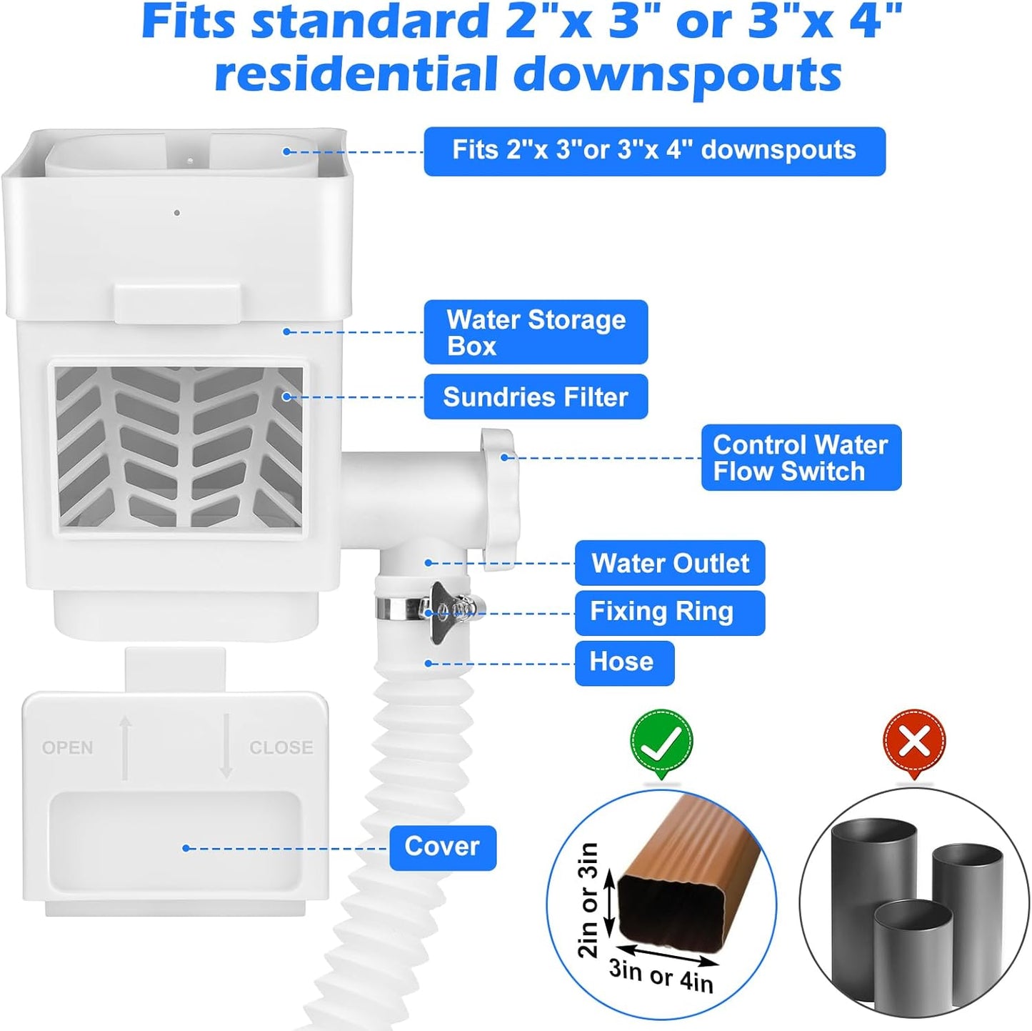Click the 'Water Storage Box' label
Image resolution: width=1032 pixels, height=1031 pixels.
click(536, 332)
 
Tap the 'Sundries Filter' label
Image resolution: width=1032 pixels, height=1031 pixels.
click(536, 397)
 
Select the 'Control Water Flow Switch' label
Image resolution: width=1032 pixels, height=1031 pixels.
click(801, 458)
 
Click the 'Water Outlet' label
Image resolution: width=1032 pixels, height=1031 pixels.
click(670, 563)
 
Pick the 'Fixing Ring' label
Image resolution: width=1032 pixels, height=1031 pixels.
click(669, 612)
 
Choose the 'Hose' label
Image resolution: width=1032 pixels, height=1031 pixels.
click(624, 662)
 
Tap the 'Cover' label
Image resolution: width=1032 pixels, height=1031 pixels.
click(442, 847)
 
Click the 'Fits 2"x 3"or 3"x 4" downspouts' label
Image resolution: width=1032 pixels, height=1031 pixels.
click(654, 151)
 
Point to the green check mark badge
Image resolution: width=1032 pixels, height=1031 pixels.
click(661, 742)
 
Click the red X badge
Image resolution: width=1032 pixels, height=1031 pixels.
click(914, 742)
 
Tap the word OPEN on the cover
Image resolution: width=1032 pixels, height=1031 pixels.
click(68, 747)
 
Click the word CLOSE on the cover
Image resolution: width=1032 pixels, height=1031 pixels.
click(281, 747)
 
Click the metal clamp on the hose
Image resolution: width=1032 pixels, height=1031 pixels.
click(429, 608)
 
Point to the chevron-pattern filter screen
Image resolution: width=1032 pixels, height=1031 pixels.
click(179, 447)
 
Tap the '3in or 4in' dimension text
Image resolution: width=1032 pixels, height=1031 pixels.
click(661, 975)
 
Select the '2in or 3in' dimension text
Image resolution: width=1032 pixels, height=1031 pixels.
click(588, 900)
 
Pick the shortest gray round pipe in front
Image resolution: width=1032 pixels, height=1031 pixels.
click(913, 954)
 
